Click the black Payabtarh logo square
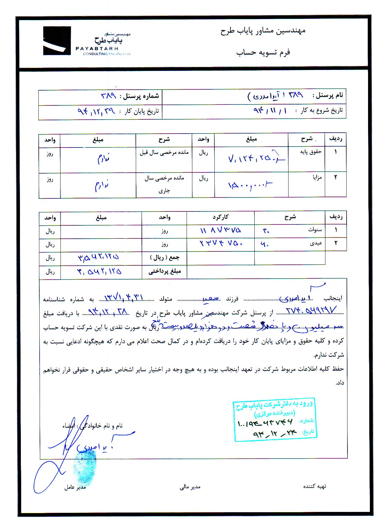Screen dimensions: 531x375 57,41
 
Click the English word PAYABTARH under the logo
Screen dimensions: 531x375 97,48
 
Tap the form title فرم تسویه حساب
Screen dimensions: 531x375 263,52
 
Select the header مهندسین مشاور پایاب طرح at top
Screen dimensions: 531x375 263,31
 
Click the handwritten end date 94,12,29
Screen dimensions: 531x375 96,111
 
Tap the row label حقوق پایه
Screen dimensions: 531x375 311,152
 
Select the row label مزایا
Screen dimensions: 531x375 317,178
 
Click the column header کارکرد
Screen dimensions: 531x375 220,217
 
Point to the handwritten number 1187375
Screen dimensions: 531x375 220,230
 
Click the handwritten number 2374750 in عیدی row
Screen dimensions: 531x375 221,243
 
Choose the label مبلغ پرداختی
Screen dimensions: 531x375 165,271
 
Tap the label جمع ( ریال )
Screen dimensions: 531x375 165,258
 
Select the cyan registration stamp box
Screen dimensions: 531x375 275,419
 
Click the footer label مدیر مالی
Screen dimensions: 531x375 190,487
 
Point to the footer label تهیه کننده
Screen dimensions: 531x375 315,486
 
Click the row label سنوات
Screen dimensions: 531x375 315,230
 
